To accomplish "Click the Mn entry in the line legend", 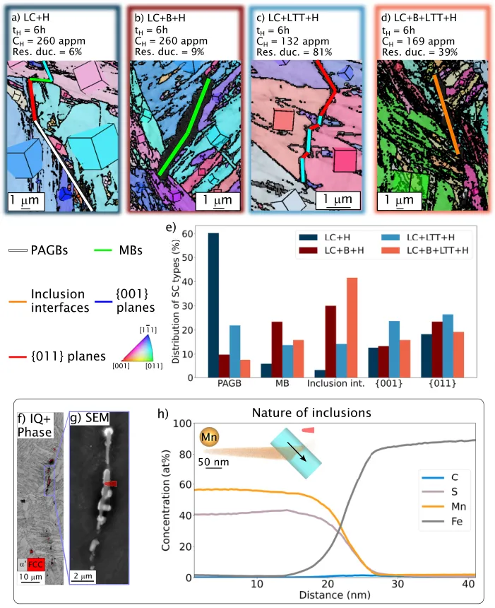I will [x=443, y=510].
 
